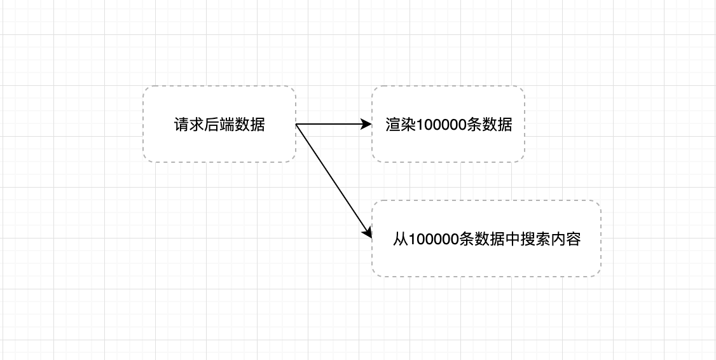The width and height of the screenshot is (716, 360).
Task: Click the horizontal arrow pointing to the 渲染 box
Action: tap(331, 125)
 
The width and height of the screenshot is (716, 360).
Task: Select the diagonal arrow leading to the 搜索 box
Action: tap(334, 181)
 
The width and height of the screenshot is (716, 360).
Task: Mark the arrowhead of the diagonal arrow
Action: tap(368, 233)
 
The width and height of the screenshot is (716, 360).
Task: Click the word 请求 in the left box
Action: tap(189, 125)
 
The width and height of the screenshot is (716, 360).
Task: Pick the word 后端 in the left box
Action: tap(219, 125)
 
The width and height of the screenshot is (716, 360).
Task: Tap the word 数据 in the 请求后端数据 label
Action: tap(250, 125)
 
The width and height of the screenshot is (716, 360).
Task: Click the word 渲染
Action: tap(401, 125)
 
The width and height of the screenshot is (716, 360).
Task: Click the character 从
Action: tap(400, 239)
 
